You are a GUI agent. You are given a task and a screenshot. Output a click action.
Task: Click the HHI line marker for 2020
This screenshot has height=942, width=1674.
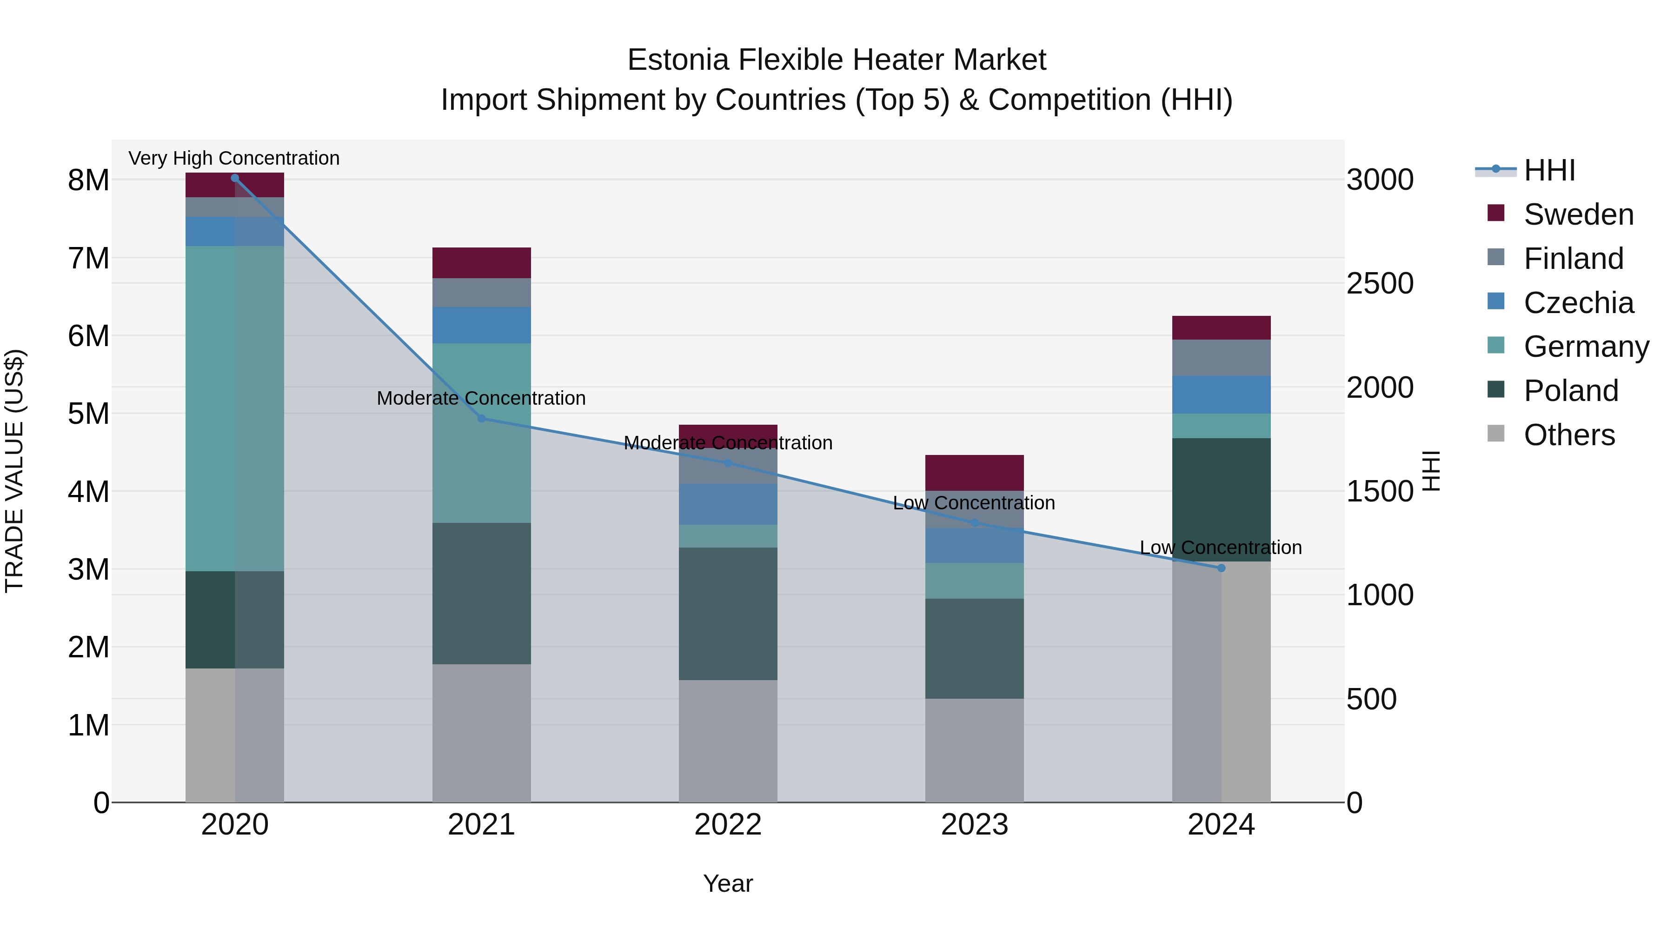point(235,178)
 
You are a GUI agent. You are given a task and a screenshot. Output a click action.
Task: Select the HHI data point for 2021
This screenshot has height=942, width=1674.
point(482,418)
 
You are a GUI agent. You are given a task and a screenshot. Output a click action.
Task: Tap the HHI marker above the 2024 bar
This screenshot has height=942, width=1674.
point(1221,568)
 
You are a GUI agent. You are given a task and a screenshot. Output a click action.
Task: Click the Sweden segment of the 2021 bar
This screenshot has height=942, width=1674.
point(482,263)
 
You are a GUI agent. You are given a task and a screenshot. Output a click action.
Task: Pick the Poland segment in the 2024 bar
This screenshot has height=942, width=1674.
point(1221,499)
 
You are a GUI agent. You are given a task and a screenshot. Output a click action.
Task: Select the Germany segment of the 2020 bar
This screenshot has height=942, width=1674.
point(235,408)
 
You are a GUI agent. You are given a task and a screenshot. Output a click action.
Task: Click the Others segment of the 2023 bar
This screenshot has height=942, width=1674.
point(974,750)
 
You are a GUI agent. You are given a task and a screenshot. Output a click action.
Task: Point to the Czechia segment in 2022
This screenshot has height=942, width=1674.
point(728,504)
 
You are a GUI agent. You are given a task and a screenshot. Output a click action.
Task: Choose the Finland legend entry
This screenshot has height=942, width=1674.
point(1573,259)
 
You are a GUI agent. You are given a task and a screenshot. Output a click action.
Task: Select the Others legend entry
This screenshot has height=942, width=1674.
point(1569,435)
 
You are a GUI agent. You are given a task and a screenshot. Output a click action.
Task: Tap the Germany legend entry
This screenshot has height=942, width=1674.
point(1586,347)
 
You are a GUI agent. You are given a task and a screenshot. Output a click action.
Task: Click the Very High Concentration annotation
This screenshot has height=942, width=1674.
point(234,158)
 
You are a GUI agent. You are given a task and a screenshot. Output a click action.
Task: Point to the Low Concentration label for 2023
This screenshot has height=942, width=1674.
point(973,502)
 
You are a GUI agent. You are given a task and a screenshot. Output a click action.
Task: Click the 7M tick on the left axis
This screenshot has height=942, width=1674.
point(88,258)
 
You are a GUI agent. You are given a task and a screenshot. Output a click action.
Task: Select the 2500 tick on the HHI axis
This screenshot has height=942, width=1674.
point(1380,283)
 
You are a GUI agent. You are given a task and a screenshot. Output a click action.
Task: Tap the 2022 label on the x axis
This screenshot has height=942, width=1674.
point(728,825)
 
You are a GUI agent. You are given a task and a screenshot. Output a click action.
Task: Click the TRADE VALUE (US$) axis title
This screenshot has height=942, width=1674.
point(14,471)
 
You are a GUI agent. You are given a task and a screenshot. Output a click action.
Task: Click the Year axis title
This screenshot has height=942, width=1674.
point(728,883)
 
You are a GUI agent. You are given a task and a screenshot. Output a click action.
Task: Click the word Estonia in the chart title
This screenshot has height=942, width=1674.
point(678,60)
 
